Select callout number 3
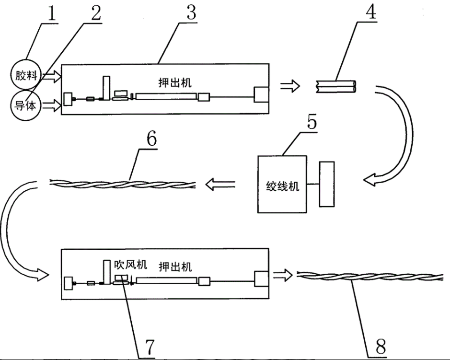(x=191, y=12)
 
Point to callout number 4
(x=371, y=12)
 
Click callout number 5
(x=312, y=122)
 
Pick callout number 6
(x=151, y=139)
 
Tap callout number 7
(x=150, y=347)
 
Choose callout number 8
(x=381, y=347)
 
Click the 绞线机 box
(x=282, y=184)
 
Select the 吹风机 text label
(x=130, y=265)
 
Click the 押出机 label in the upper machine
(x=175, y=82)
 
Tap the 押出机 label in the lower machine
(x=175, y=267)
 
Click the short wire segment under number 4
(x=336, y=86)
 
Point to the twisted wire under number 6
(x=123, y=184)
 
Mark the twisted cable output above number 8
(x=370, y=276)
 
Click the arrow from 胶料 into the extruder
(x=52, y=76)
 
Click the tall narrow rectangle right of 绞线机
(x=327, y=184)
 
